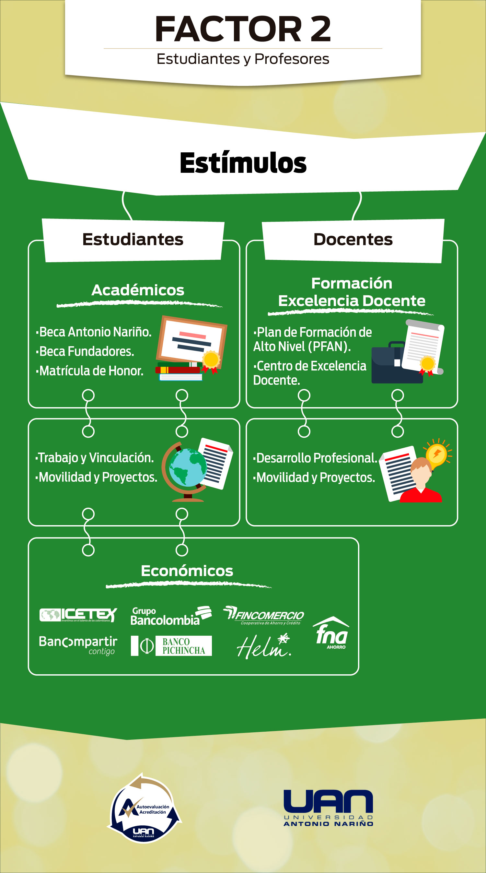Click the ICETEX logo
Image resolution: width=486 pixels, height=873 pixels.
(78, 615)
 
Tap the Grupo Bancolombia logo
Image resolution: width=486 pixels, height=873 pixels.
(171, 616)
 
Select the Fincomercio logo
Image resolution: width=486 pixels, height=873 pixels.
(264, 615)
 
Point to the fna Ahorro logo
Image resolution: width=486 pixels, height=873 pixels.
(331, 633)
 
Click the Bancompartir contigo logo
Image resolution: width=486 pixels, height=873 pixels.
(78, 645)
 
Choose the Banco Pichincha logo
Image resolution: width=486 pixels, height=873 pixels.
(171, 646)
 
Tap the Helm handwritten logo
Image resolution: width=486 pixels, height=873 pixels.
(264, 646)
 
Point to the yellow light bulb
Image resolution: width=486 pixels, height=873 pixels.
(437, 454)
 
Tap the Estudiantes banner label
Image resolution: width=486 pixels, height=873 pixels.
(133, 240)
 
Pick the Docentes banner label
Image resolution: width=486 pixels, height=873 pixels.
(353, 240)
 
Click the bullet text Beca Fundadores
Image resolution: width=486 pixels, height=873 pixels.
(87, 351)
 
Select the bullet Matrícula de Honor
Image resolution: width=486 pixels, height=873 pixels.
(91, 371)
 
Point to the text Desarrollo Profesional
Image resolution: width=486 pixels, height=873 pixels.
(316, 458)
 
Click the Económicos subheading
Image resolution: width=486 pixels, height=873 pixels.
(187, 571)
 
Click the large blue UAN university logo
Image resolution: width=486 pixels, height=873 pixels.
(328, 808)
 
